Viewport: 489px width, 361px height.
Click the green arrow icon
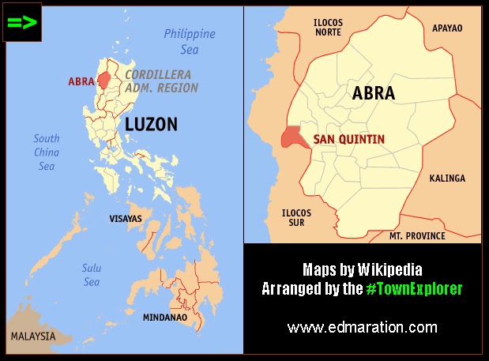(22, 22)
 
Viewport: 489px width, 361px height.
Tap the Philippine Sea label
(190, 41)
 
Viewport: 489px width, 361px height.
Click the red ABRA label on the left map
(81, 81)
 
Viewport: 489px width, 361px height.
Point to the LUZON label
(151, 124)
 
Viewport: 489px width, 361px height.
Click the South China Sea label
(47, 152)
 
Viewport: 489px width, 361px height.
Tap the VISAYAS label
(125, 218)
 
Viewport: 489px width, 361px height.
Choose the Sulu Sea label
(92, 274)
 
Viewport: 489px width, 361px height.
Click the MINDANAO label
(165, 318)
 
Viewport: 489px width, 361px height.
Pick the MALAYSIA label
(33, 337)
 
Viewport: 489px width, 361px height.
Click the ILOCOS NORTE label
(327, 28)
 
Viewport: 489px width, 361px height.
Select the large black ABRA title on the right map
(374, 93)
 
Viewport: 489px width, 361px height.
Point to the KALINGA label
(447, 179)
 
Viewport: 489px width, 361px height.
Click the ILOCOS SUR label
(296, 218)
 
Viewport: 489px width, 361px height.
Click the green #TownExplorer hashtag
(413, 289)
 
